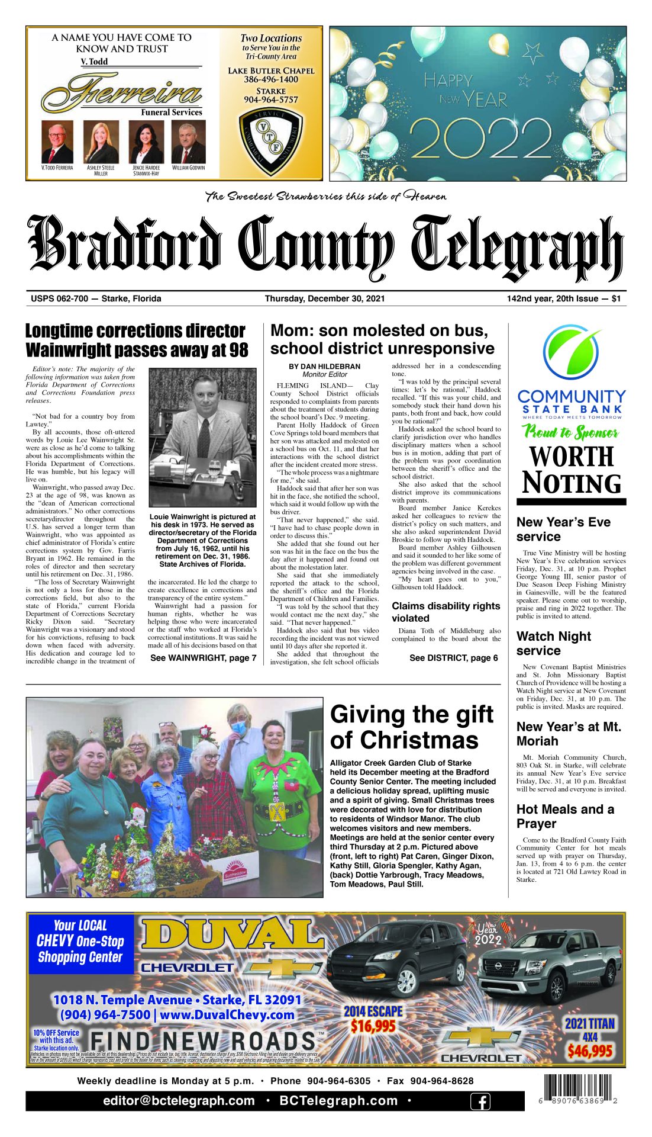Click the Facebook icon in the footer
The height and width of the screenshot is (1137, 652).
pos(480,1101)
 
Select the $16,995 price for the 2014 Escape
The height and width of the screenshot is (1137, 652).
pos(373,1026)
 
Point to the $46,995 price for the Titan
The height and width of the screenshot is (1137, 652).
pos(590,1051)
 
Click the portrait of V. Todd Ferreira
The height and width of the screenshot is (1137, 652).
pos(57,142)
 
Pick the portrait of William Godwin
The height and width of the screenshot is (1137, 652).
pos(188,142)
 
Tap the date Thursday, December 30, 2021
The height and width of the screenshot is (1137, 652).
pos(325,298)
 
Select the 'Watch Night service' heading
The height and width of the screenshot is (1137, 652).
pos(553,643)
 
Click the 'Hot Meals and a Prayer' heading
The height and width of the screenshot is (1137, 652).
pos(565,816)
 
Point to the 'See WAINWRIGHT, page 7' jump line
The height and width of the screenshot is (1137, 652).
pos(203,657)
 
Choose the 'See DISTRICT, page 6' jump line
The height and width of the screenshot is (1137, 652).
pos(453,657)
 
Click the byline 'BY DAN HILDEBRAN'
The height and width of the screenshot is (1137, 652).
pos(324,367)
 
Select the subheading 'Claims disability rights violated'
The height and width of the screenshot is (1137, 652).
pos(446,612)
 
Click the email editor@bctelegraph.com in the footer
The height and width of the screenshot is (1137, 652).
pos(179,1101)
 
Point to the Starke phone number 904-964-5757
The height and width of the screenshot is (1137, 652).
pos(271,100)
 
